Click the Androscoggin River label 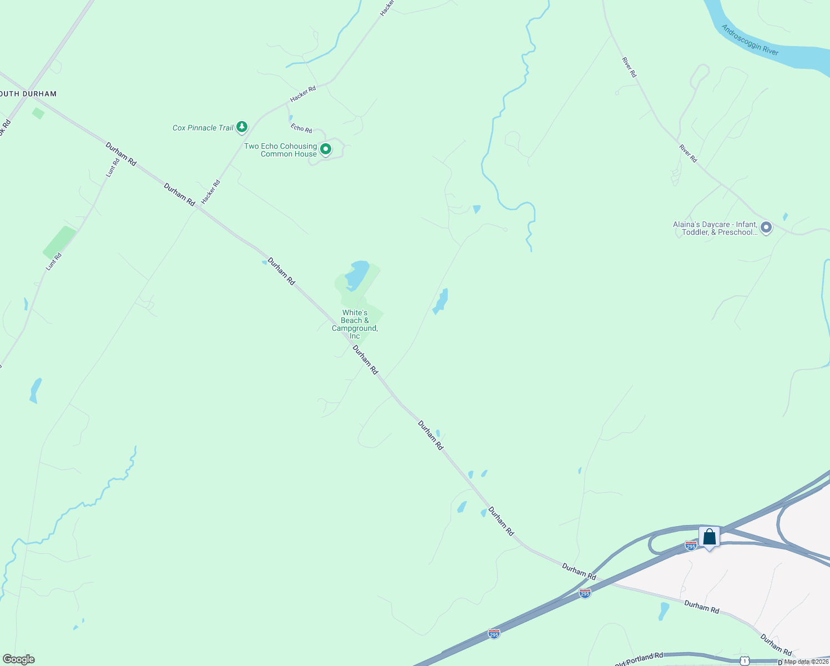750,40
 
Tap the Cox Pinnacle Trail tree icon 242,127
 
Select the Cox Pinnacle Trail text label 203,128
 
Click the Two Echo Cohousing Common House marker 326,149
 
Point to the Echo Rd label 301,128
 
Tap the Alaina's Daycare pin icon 766,228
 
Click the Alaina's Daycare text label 715,228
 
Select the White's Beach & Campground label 355,324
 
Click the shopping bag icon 709,537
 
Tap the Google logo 18,659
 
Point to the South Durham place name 28,94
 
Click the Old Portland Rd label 639,660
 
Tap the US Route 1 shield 743,660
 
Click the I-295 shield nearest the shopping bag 690,546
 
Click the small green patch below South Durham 38,113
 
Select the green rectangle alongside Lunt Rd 60,242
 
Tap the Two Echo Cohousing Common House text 281,150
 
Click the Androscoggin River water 799,56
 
